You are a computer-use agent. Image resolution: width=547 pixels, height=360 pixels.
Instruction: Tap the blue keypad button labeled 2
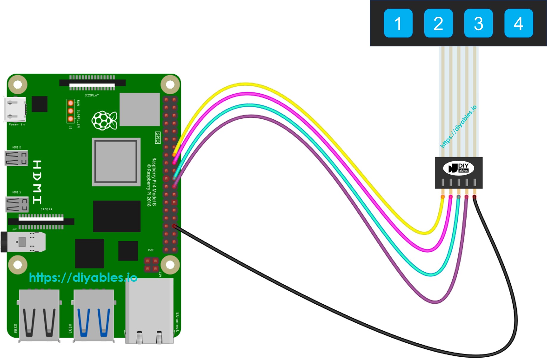click(438, 23)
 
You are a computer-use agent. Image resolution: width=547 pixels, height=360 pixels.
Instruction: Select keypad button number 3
click(478, 23)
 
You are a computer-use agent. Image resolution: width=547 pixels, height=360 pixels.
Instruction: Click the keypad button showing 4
click(518, 23)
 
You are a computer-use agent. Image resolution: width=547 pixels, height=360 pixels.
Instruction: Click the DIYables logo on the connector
click(458, 168)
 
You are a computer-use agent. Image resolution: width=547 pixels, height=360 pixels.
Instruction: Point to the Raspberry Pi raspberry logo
click(104, 120)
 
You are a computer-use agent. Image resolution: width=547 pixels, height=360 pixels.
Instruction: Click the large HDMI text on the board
click(37, 182)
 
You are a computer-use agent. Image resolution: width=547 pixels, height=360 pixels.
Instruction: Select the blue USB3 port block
click(93, 315)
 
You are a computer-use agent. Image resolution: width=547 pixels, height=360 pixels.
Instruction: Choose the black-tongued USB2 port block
click(39, 315)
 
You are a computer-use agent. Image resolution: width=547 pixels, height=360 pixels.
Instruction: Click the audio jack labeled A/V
click(24, 242)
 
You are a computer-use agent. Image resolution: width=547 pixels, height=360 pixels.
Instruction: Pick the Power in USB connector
click(15, 109)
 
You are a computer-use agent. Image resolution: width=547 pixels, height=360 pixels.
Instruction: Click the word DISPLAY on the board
click(92, 96)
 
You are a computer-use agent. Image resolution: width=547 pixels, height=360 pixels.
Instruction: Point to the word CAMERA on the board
click(46, 209)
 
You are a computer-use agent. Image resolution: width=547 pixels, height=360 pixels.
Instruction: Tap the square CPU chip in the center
click(116, 162)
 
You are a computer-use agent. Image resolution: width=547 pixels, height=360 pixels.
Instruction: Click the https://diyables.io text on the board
click(83, 278)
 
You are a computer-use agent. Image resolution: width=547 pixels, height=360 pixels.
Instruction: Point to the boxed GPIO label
click(158, 137)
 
